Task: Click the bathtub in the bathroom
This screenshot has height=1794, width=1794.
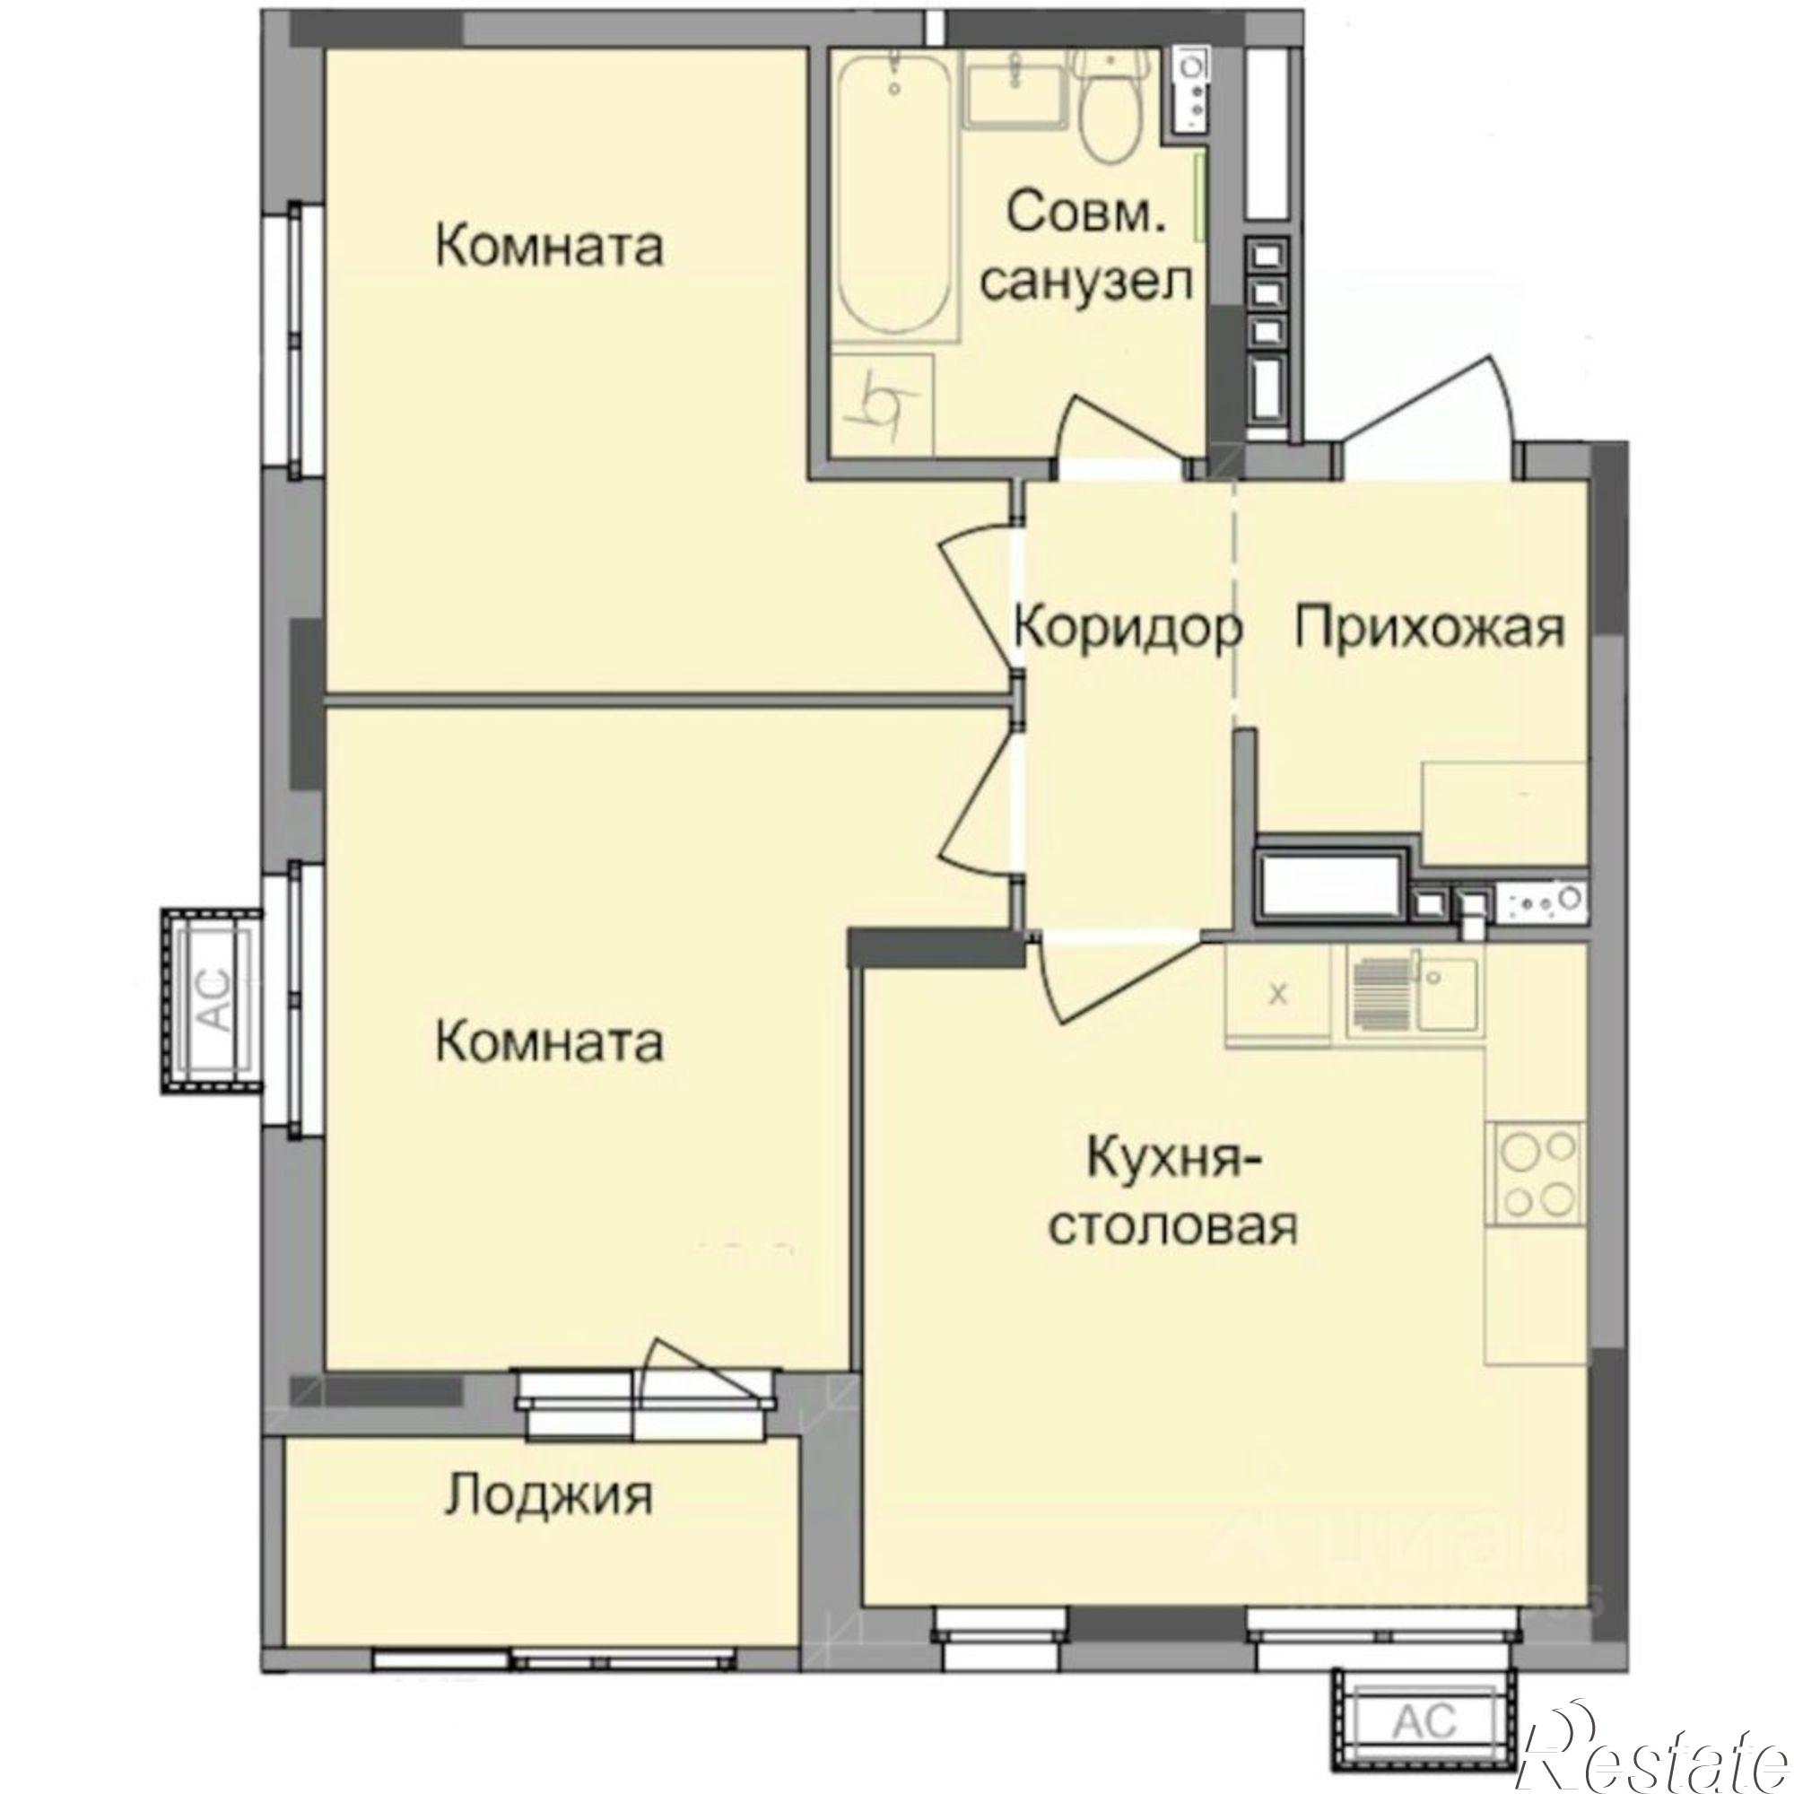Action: click(x=893, y=200)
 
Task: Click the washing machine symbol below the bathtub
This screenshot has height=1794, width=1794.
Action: click(x=882, y=405)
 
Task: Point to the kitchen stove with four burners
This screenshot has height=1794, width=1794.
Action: click(x=1535, y=1171)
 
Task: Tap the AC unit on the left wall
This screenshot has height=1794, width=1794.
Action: click(x=211, y=1001)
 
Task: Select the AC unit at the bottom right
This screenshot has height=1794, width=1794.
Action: click(x=1424, y=1697)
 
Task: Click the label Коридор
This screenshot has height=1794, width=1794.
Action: click(x=1128, y=629)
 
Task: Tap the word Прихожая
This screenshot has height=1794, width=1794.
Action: click(x=1430, y=629)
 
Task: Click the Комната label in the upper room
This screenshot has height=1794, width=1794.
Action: click(x=550, y=248)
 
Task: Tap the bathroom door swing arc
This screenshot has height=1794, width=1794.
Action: click(x=1119, y=427)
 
